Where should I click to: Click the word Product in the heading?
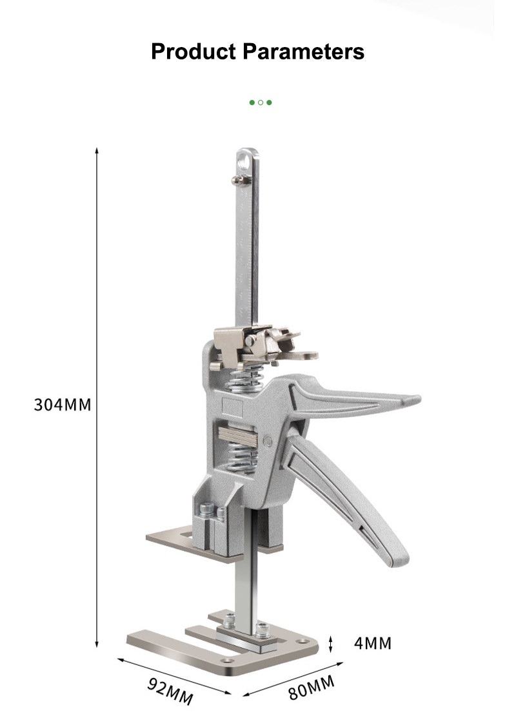pos(193,51)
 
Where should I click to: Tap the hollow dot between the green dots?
pos(261,102)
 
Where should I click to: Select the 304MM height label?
pos(63,405)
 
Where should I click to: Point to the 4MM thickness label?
pos(373,643)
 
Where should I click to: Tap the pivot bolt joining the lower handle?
pos(268,440)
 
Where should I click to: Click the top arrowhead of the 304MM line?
pos(97,150)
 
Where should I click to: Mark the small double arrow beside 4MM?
pos(332,643)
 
